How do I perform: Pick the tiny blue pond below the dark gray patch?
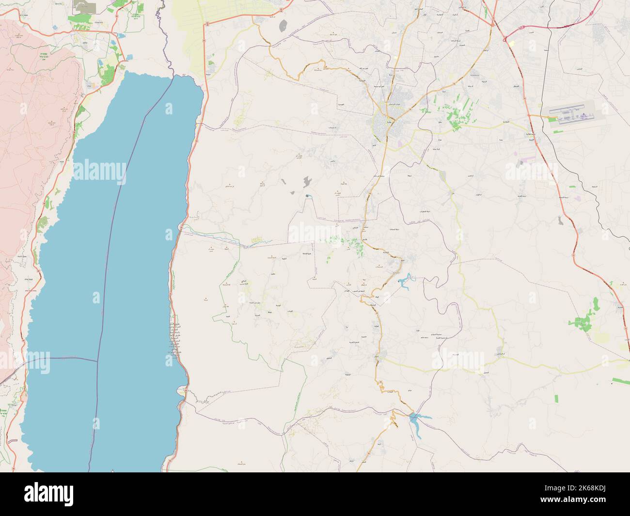tap(307, 196)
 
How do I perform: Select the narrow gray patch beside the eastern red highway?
tap(561, 220)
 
